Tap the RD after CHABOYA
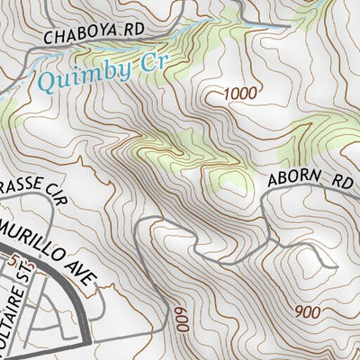133,30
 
